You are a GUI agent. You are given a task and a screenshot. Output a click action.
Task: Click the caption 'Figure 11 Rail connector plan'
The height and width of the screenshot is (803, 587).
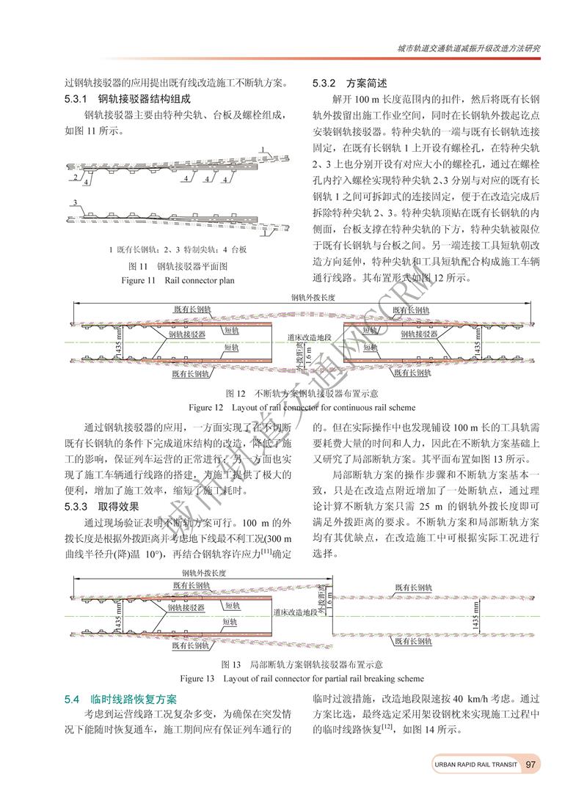click(x=172, y=280)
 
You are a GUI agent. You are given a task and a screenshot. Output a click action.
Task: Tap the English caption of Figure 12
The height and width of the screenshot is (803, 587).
click(x=302, y=406)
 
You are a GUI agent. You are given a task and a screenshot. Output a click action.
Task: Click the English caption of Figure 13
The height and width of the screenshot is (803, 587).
click(x=302, y=678)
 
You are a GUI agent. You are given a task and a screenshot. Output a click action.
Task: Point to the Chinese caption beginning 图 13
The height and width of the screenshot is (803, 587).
click(x=302, y=664)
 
